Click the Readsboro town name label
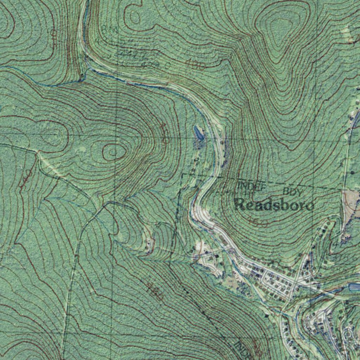coord(274,205)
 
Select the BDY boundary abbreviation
coord(292,192)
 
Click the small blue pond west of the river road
coord(198,133)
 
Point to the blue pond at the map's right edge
coord(354,287)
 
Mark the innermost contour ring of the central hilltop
coord(114,152)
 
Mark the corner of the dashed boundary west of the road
coord(182,175)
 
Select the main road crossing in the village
coord(297,283)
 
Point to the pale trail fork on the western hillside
coord(39,153)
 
